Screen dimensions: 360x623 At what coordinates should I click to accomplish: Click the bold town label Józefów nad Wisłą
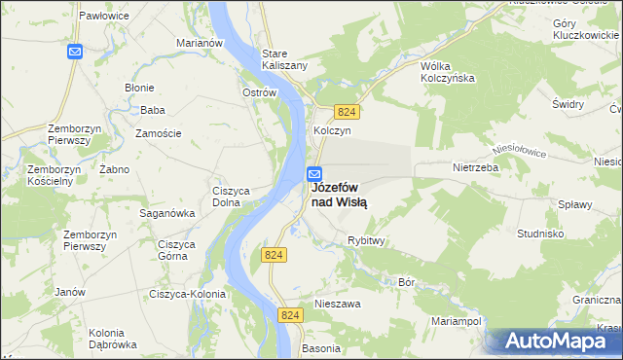339,195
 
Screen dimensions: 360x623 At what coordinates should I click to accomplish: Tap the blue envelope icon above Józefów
315,174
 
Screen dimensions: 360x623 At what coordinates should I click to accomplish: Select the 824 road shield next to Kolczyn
348,112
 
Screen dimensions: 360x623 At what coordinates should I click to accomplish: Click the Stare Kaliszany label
284,59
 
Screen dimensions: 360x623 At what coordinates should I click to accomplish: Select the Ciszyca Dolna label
233,197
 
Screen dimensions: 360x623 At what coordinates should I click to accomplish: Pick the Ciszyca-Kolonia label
188,294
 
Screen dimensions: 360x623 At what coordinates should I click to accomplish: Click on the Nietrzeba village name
475,167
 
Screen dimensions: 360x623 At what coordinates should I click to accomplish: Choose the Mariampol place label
457,319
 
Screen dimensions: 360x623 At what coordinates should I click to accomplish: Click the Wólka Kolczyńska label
446,72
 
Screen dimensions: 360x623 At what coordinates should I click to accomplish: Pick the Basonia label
322,347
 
